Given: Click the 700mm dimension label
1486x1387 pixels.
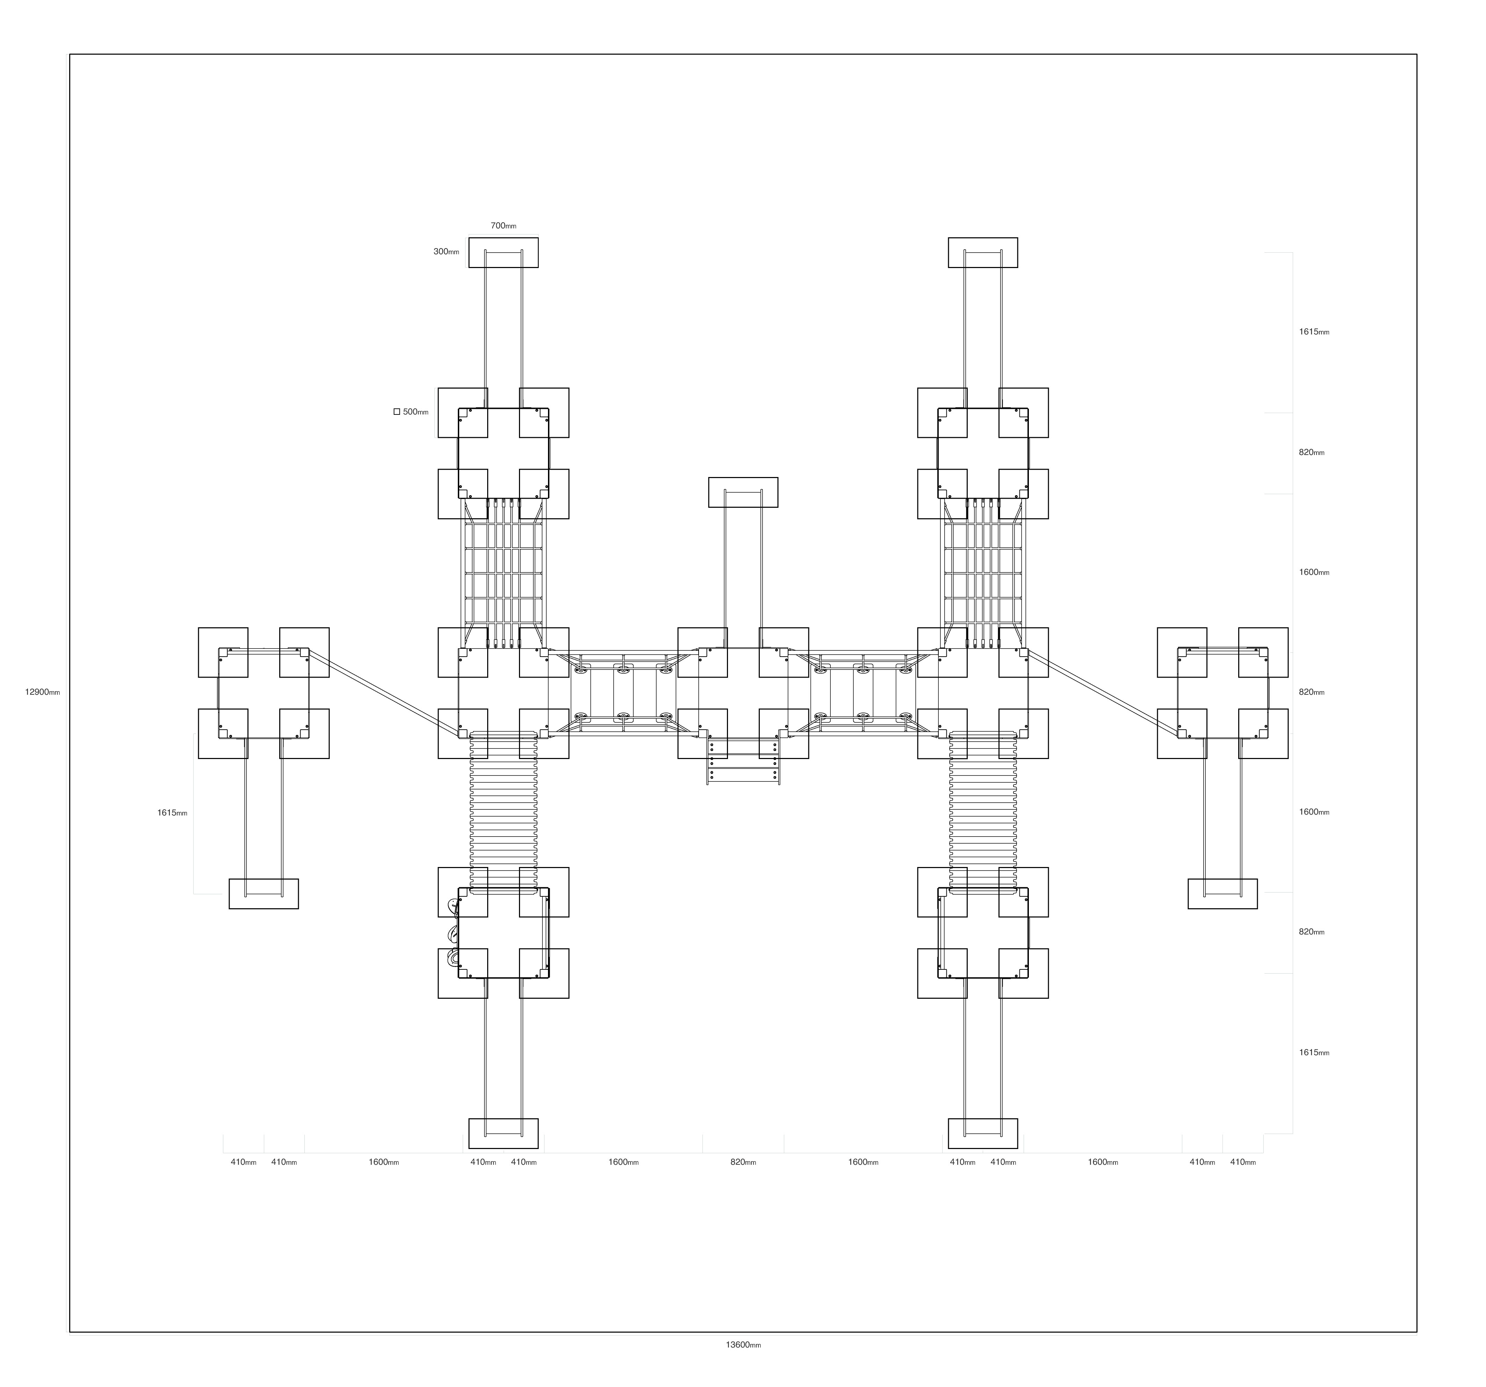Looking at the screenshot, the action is tap(503, 226).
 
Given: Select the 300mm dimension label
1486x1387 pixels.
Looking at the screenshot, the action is tap(446, 252).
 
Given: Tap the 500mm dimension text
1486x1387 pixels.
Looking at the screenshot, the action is tap(416, 412).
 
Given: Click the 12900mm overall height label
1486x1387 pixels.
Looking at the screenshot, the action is tap(43, 692).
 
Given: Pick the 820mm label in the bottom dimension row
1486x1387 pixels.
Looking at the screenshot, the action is tap(743, 1162).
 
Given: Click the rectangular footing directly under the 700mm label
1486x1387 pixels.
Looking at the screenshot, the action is tap(503, 253).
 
